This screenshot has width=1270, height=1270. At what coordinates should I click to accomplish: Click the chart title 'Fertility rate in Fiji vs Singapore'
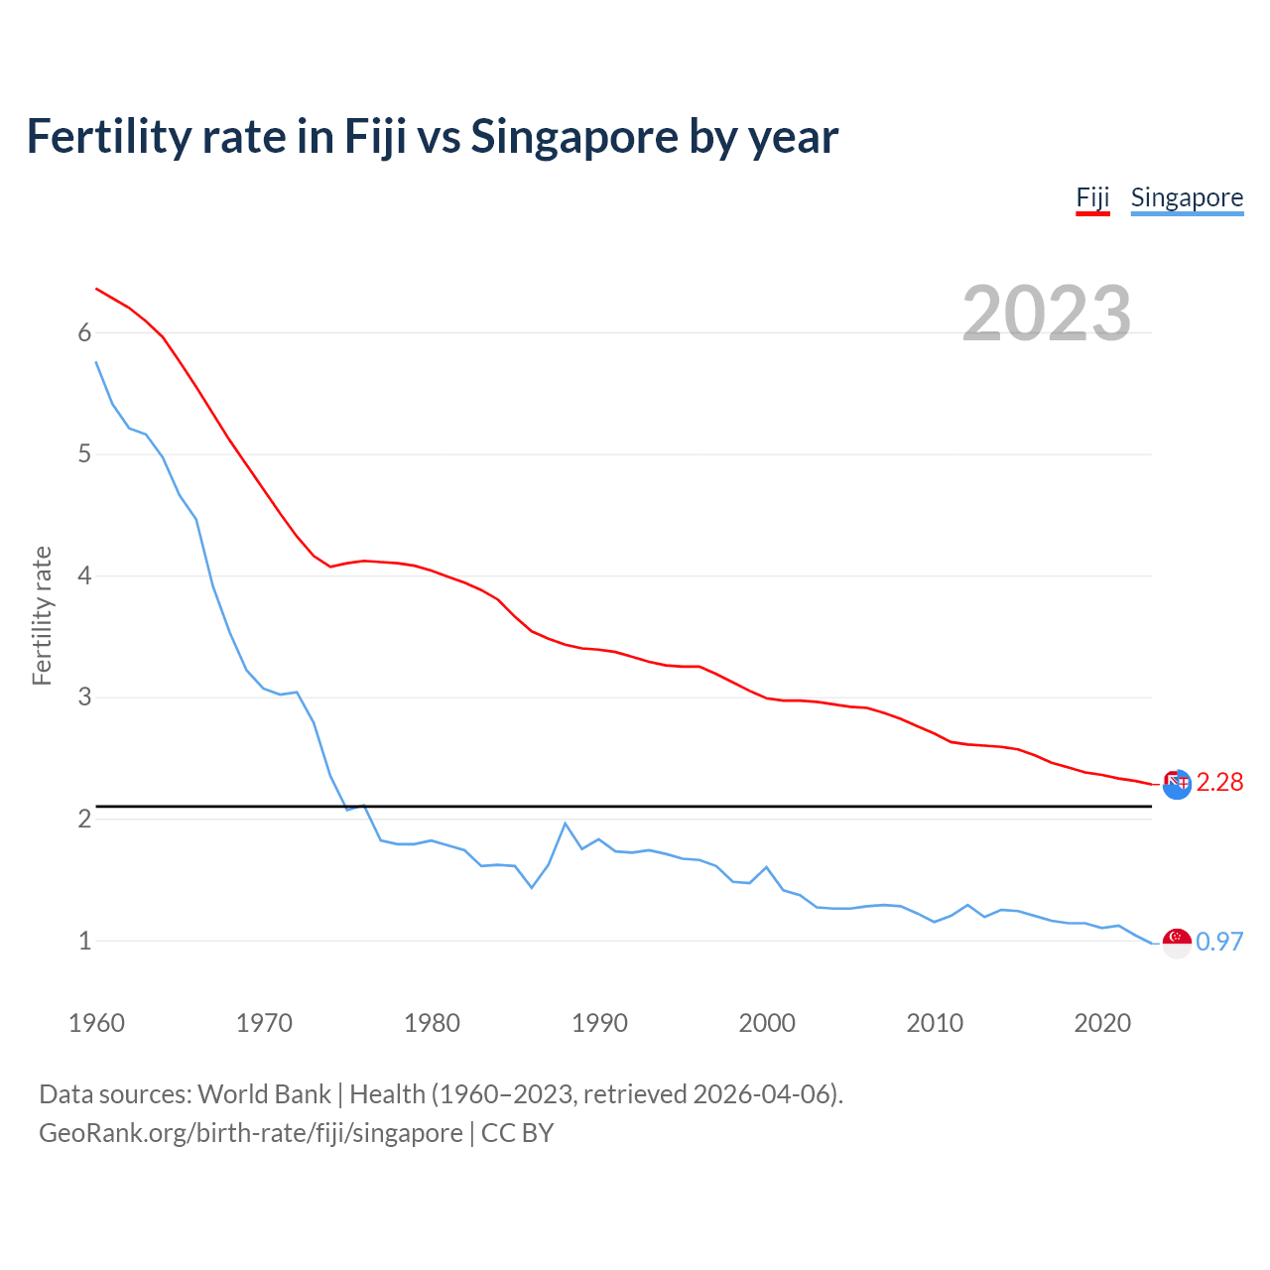tap(432, 137)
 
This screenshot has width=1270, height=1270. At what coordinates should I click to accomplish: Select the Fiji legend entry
tap(1092, 197)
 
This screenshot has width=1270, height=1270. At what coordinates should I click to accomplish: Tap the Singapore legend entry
tap(1187, 197)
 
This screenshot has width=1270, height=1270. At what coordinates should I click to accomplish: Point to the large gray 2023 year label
tap(1047, 314)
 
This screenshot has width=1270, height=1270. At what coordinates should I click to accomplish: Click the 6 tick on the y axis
tap(84, 333)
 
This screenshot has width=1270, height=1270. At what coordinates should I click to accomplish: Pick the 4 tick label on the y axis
tap(84, 576)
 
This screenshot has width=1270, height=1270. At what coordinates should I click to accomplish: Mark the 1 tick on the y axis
tap(84, 941)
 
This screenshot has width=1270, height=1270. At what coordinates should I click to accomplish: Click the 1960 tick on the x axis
tap(96, 1023)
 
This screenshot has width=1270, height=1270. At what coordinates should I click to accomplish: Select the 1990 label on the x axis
tap(599, 1023)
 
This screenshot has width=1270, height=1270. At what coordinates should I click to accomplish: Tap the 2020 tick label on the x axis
tap(1102, 1023)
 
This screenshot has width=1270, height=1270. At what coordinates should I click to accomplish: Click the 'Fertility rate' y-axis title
tap(42, 615)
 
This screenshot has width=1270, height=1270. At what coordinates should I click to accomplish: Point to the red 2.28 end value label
tap(1219, 783)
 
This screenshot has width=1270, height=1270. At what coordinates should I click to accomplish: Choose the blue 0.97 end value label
tap(1219, 942)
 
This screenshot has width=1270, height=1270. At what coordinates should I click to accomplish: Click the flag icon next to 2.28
tap(1177, 784)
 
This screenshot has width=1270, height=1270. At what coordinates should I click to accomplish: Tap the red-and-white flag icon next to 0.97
tap(1177, 943)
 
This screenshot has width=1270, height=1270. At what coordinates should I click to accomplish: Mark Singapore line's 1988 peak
tap(566, 824)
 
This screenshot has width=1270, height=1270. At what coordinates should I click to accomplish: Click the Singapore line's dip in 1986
tap(532, 887)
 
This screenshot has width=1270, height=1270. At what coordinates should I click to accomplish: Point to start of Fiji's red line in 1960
tap(96, 289)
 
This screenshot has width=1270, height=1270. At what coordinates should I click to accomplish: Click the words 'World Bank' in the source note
tap(264, 1094)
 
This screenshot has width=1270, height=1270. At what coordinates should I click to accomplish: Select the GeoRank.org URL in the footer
tap(251, 1133)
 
